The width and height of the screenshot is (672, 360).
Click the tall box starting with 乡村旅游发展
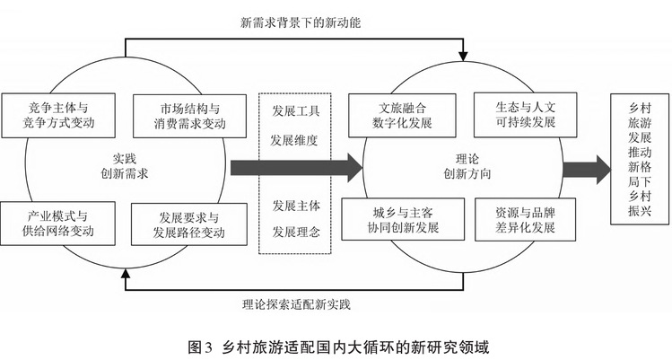(x=636, y=158)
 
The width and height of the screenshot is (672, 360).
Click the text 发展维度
(x=295, y=140)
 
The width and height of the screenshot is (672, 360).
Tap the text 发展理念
(x=295, y=232)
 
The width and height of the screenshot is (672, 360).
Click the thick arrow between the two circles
(x=296, y=167)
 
